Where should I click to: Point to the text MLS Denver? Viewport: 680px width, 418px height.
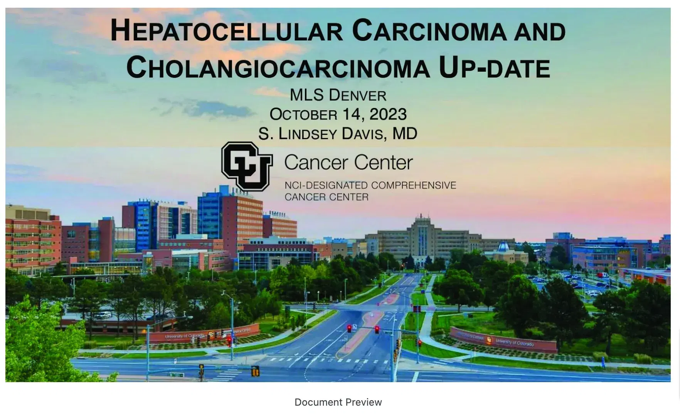[x=338, y=95]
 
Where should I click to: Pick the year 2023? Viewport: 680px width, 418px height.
[x=388, y=115]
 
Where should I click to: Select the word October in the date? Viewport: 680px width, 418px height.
[x=303, y=115]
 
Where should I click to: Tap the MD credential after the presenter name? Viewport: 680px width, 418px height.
[x=405, y=134]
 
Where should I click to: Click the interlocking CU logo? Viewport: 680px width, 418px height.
[x=247, y=166]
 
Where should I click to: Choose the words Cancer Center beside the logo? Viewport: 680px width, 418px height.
[x=348, y=163]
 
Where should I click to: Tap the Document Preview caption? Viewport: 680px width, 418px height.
[x=338, y=402]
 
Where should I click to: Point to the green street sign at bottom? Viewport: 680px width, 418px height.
[x=176, y=374]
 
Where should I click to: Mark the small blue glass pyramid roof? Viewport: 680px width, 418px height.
[x=503, y=246]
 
